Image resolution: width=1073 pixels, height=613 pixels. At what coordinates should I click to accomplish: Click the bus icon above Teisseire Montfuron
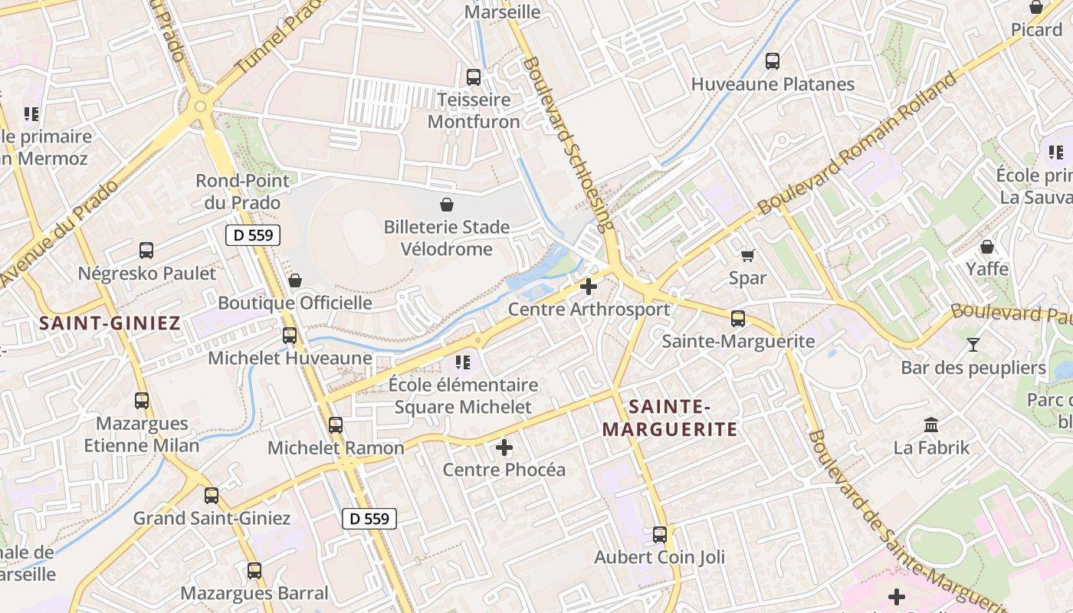(474, 77)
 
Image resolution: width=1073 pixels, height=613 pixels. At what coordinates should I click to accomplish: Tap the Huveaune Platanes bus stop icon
(773, 61)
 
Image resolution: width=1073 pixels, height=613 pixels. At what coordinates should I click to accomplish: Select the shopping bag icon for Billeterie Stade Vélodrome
(447, 205)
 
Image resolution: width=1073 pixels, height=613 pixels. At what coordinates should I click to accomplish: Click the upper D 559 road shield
(253, 235)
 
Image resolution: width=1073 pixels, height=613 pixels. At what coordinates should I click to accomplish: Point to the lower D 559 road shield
(369, 519)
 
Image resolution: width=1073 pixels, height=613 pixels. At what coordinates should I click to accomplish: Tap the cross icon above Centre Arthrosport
(589, 287)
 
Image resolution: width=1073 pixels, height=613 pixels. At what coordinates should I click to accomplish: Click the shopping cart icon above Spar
(747, 255)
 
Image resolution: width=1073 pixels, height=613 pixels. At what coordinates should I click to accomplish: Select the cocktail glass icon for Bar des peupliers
(973, 345)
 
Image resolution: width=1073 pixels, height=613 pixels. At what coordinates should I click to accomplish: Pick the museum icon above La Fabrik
(931, 425)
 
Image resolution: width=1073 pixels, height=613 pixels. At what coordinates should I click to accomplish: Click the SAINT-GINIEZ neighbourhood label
(110, 323)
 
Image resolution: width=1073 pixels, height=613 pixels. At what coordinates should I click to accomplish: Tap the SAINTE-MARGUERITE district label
(669, 418)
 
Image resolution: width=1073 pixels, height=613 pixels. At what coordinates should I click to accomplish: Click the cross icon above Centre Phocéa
(504, 447)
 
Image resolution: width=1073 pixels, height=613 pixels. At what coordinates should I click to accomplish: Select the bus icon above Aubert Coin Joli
(660, 534)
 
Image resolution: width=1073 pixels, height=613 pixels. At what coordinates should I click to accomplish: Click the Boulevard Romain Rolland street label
(858, 143)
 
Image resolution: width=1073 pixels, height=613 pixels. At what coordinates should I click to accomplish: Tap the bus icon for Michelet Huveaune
(290, 336)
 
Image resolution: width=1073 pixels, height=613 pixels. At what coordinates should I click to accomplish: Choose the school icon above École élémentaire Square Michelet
(463, 362)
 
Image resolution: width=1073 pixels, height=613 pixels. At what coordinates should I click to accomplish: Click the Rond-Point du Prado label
(243, 192)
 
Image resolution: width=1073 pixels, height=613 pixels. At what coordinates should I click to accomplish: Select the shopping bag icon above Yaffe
(987, 247)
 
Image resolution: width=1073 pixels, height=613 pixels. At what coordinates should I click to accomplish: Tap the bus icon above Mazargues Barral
(254, 571)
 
